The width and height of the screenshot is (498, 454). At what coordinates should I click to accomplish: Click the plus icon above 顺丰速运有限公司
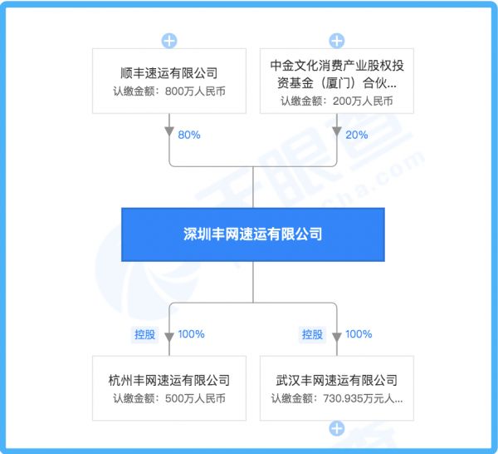pyautogui.click(x=169, y=41)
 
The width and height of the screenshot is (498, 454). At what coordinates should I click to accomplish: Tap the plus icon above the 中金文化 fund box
pyautogui.click(x=337, y=41)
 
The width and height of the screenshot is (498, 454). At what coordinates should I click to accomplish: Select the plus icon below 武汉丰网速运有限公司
pyautogui.click(x=337, y=428)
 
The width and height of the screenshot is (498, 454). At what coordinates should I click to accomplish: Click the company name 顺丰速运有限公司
pyautogui.click(x=169, y=73)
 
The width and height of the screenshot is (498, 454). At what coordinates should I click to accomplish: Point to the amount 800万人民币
pyautogui.click(x=195, y=91)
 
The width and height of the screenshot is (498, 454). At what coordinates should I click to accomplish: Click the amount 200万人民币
pyautogui.click(x=363, y=101)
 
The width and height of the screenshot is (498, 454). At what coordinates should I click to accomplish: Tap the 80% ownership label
pyautogui.click(x=189, y=135)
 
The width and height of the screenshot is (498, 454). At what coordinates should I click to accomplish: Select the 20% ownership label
pyautogui.click(x=357, y=135)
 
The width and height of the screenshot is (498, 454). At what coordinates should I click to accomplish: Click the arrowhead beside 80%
pyautogui.click(x=169, y=131)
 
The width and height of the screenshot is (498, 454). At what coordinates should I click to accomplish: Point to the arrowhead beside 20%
pyautogui.click(x=337, y=131)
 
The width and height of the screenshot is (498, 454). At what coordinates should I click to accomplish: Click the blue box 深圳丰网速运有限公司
pyautogui.click(x=253, y=234)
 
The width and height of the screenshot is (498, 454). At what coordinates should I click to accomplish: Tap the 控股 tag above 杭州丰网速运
pyautogui.click(x=144, y=334)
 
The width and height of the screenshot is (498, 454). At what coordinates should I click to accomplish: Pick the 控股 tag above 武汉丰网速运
pyautogui.click(x=312, y=334)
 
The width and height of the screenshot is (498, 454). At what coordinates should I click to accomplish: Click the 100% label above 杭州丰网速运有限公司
pyautogui.click(x=191, y=334)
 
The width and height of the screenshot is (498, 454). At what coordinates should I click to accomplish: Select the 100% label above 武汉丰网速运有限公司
pyautogui.click(x=359, y=334)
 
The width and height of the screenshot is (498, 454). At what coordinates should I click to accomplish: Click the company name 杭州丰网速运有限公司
pyautogui.click(x=169, y=380)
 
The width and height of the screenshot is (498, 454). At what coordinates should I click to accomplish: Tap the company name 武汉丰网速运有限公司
pyautogui.click(x=337, y=380)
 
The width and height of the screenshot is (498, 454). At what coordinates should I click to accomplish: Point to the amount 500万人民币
pyautogui.click(x=195, y=398)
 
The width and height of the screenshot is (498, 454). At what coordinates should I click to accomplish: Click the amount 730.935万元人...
pyautogui.click(x=363, y=398)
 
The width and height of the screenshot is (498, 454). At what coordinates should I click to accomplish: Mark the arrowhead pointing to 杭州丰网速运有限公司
pyautogui.click(x=169, y=337)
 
